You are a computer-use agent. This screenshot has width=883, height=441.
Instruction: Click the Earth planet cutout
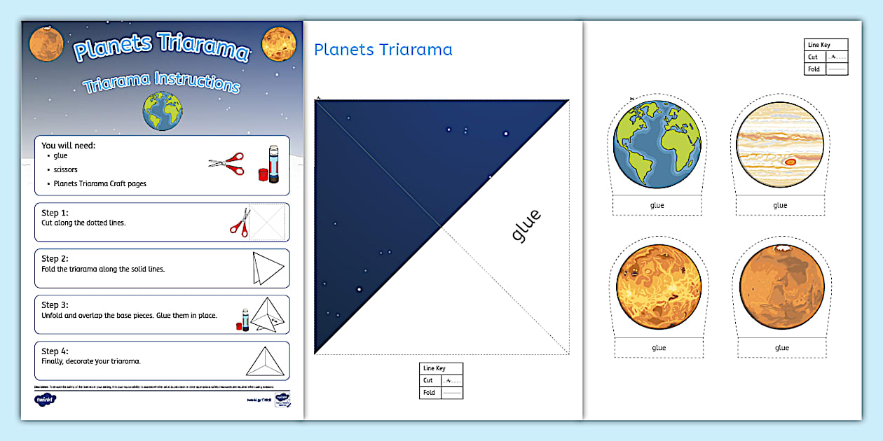[x=657, y=144]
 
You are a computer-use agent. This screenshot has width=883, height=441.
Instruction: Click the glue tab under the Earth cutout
[x=657, y=206]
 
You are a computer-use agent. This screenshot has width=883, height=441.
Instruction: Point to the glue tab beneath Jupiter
[x=780, y=206]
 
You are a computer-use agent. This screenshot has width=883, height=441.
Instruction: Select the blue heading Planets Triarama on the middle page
[x=383, y=50]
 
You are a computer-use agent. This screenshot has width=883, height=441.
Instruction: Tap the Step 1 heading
[x=55, y=212]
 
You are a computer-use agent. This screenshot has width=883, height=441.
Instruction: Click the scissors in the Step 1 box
[x=240, y=221]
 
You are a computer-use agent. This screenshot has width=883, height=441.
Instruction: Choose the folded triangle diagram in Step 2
[x=267, y=267]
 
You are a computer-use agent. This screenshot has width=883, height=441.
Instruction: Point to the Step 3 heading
[x=55, y=304]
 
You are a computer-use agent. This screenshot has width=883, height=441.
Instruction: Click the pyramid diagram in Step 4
[x=267, y=361]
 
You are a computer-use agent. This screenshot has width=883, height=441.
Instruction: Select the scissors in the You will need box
[x=227, y=164]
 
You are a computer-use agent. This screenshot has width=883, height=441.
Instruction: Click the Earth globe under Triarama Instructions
[x=163, y=111]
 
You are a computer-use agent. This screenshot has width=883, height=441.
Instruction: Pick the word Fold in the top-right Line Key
[x=813, y=69]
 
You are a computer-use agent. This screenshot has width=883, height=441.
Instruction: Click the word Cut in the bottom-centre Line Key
[x=427, y=381]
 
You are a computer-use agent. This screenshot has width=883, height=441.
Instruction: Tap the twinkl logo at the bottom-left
[x=45, y=400]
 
